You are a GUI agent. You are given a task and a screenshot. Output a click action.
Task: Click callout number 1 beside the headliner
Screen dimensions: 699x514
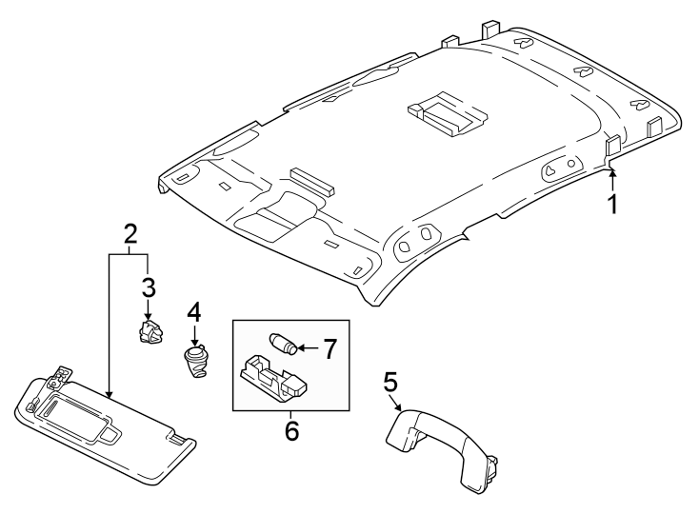(x=613, y=205)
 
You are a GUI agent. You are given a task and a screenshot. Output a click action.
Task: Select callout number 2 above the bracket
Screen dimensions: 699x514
(x=130, y=234)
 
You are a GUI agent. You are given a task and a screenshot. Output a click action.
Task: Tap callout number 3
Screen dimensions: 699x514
(x=149, y=287)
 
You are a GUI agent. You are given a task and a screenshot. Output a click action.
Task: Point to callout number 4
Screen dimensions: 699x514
(x=194, y=312)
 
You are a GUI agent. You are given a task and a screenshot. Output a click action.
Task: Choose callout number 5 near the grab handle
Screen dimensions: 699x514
(x=389, y=383)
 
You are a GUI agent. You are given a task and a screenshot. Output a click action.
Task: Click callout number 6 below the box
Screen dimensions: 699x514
(x=291, y=430)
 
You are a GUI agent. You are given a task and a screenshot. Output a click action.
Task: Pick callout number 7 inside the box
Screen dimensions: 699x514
(x=330, y=348)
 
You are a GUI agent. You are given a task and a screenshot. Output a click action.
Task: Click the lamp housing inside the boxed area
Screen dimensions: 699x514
(x=273, y=378)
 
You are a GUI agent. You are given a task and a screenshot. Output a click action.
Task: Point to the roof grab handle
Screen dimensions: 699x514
(x=441, y=448)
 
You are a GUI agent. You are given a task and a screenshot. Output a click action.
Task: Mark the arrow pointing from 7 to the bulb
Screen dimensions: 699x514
(x=308, y=347)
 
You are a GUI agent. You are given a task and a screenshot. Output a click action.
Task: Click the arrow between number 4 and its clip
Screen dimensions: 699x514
(x=194, y=336)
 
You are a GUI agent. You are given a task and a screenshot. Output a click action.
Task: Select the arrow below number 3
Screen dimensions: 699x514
(x=149, y=309)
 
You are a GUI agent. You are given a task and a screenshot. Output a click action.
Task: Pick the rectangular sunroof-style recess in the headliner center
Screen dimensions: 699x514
(x=447, y=114)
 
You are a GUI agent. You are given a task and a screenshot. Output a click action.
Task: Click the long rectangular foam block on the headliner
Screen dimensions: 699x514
(x=311, y=181)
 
